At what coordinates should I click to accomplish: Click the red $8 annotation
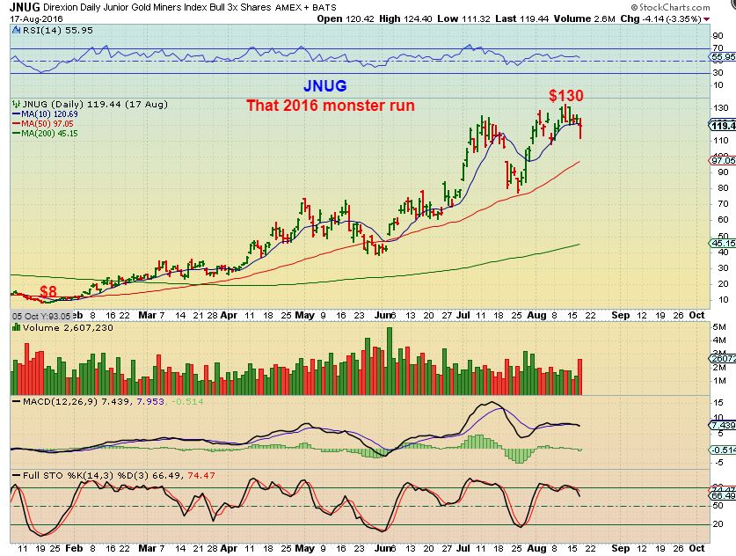(x=48, y=291)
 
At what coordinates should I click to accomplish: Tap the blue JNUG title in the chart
(x=324, y=86)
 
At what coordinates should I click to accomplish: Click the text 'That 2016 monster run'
(x=330, y=106)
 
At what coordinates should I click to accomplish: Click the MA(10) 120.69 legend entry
(x=44, y=114)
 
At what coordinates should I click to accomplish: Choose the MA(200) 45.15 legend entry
(x=44, y=134)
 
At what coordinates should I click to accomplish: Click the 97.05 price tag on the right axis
(x=723, y=160)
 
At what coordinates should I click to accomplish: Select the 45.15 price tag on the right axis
(x=723, y=243)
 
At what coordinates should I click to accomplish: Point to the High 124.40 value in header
(x=400, y=18)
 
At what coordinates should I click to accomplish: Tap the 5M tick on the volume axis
(x=718, y=327)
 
